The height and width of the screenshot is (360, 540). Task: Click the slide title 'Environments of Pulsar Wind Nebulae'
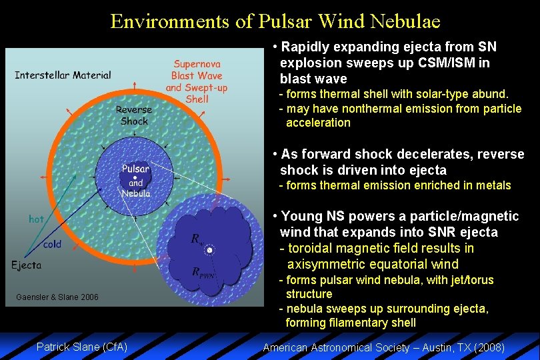pyautogui.click(x=275, y=21)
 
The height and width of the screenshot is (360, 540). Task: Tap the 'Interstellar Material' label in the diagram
pyautogui.click(x=63, y=75)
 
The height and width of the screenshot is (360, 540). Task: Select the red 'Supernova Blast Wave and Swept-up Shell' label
pyautogui.click(x=197, y=81)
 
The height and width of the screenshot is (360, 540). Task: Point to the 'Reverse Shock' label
pyautogui.click(x=134, y=115)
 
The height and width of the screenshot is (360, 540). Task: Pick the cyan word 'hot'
pyautogui.click(x=37, y=219)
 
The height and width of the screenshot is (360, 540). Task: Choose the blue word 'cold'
pyautogui.click(x=52, y=244)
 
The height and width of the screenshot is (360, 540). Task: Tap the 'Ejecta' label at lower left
pyautogui.click(x=26, y=265)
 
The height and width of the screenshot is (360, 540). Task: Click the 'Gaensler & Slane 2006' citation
pyautogui.click(x=57, y=297)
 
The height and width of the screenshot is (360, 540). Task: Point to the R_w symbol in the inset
pyautogui.click(x=197, y=239)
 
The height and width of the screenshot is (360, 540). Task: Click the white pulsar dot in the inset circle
pyautogui.click(x=210, y=250)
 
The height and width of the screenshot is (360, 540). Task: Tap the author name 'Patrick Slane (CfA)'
pyautogui.click(x=81, y=347)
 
